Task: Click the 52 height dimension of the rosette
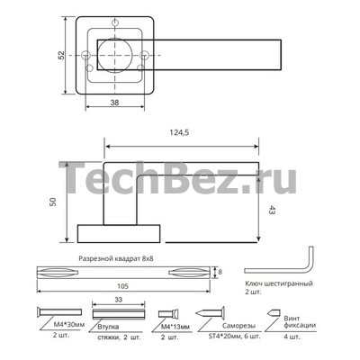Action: [x=61, y=55]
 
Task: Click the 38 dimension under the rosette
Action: [x=114, y=103]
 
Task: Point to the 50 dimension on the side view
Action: [x=53, y=202]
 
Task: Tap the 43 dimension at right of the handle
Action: [x=273, y=210]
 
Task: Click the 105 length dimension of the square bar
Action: [x=122, y=286]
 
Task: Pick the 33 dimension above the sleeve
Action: [x=118, y=300]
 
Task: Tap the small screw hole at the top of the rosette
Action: [x=115, y=22]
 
